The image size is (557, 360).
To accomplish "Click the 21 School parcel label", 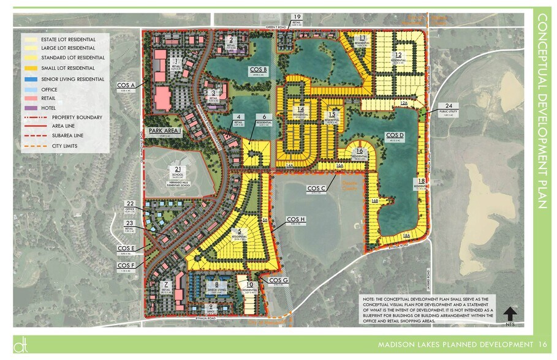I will tap(177, 171).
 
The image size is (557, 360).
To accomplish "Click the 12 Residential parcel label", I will tap(399, 57).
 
